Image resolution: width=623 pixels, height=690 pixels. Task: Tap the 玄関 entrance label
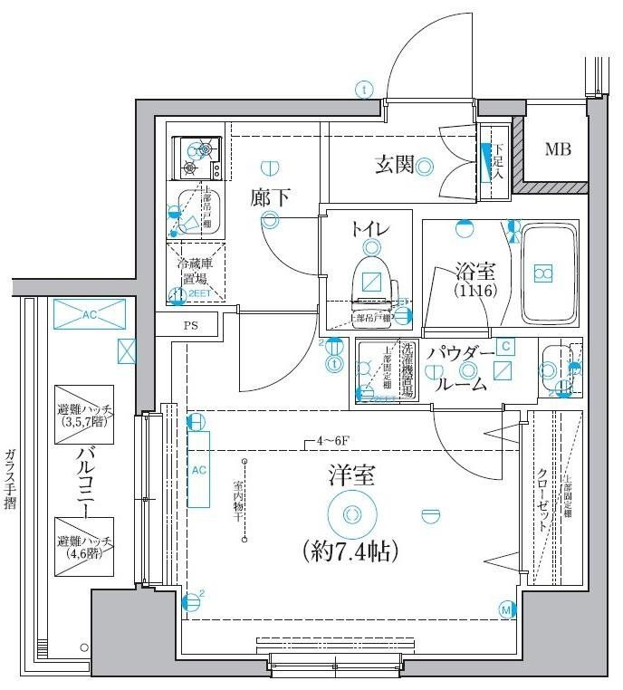tap(394, 165)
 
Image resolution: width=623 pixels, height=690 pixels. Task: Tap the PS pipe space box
tap(190, 325)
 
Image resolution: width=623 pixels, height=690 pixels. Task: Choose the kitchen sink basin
tap(194, 214)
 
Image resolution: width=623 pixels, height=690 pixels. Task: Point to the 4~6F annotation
tap(323, 443)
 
